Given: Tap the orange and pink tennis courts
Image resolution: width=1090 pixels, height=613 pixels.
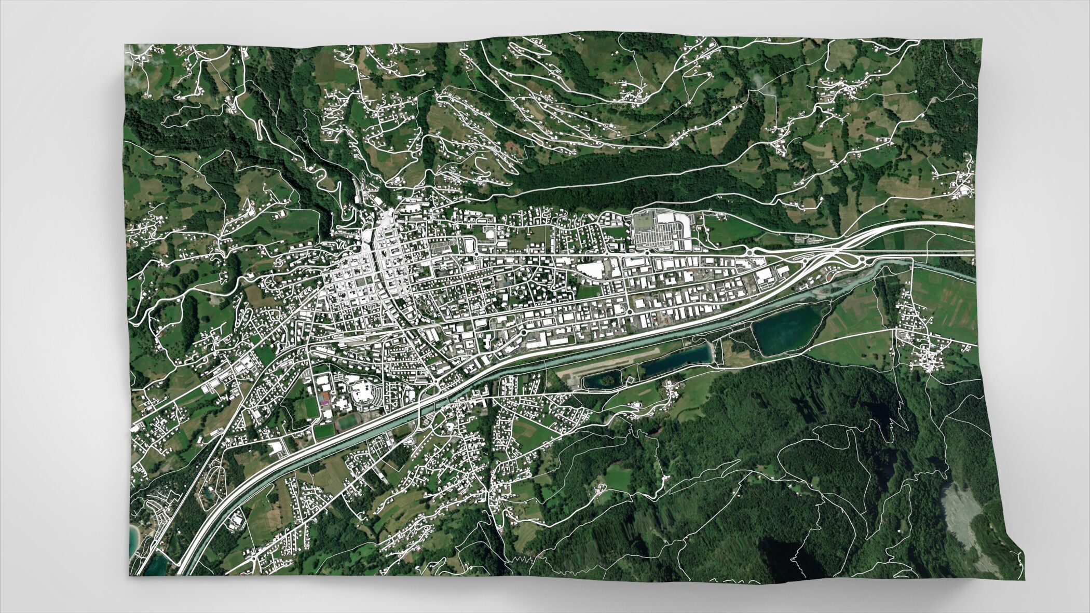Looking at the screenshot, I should pyautogui.click(x=325, y=398).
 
